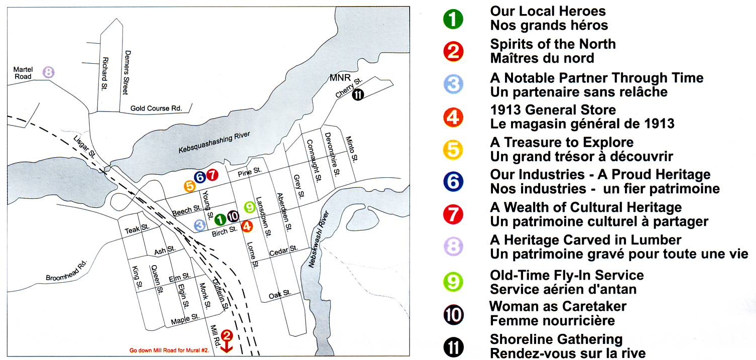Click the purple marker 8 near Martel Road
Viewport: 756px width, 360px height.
[x=48, y=72]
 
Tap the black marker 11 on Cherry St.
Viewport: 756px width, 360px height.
[x=357, y=94]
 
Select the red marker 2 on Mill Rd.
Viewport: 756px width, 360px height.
[x=226, y=335]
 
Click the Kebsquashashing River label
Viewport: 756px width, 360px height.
[x=214, y=144]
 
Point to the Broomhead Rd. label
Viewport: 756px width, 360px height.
[x=67, y=271]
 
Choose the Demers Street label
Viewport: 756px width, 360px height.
[x=127, y=72]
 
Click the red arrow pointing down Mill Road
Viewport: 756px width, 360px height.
[x=226, y=346]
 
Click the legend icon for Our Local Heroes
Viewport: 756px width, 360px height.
[x=453, y=19]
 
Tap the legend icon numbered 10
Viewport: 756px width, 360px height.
[x=453, y=314]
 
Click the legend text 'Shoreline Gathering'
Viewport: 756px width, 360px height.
[x=556, y=339]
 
